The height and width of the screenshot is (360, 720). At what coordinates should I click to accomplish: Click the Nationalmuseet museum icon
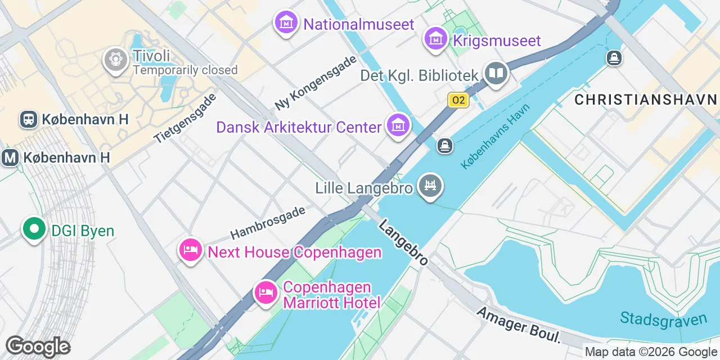pyautogui.click(x=287, y=23)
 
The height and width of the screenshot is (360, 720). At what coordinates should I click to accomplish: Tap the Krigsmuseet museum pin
pyautogui.click(x=435, y=39)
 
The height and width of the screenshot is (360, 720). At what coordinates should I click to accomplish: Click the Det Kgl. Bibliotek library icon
pyautogui.click(x=496, y=74)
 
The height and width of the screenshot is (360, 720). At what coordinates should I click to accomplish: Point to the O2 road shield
pyautogui.click(x=458, y=100)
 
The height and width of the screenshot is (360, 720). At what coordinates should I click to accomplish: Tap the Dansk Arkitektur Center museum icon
pyautogui.click(x=398, y=125)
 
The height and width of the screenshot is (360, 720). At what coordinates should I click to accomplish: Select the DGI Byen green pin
pyautogui.click(x=34, y=229)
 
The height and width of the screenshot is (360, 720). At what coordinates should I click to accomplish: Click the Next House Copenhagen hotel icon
pyautogui.click(x=190, y=250)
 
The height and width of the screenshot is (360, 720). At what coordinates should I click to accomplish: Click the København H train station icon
pyautogui.click(x=28, y=119)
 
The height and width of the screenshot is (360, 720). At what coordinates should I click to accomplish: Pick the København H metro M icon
pyautogui.click(x=10, y=158)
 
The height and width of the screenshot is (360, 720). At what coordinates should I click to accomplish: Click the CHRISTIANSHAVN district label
pyautogui.click(x=646, y=100)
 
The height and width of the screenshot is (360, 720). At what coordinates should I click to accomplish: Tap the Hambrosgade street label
pyautogui.click(x=268, y=223)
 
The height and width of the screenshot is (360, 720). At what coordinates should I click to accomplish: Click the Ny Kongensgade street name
pyautogui.click(x=316, y=83)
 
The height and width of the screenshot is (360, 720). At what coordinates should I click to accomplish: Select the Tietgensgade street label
pyautogui.click(x=185, y=118)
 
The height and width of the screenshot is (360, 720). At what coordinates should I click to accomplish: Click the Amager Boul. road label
pyautogui.click(x=519, y=325)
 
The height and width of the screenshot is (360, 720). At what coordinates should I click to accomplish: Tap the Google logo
pyautogui.click(x=38, y=346)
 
